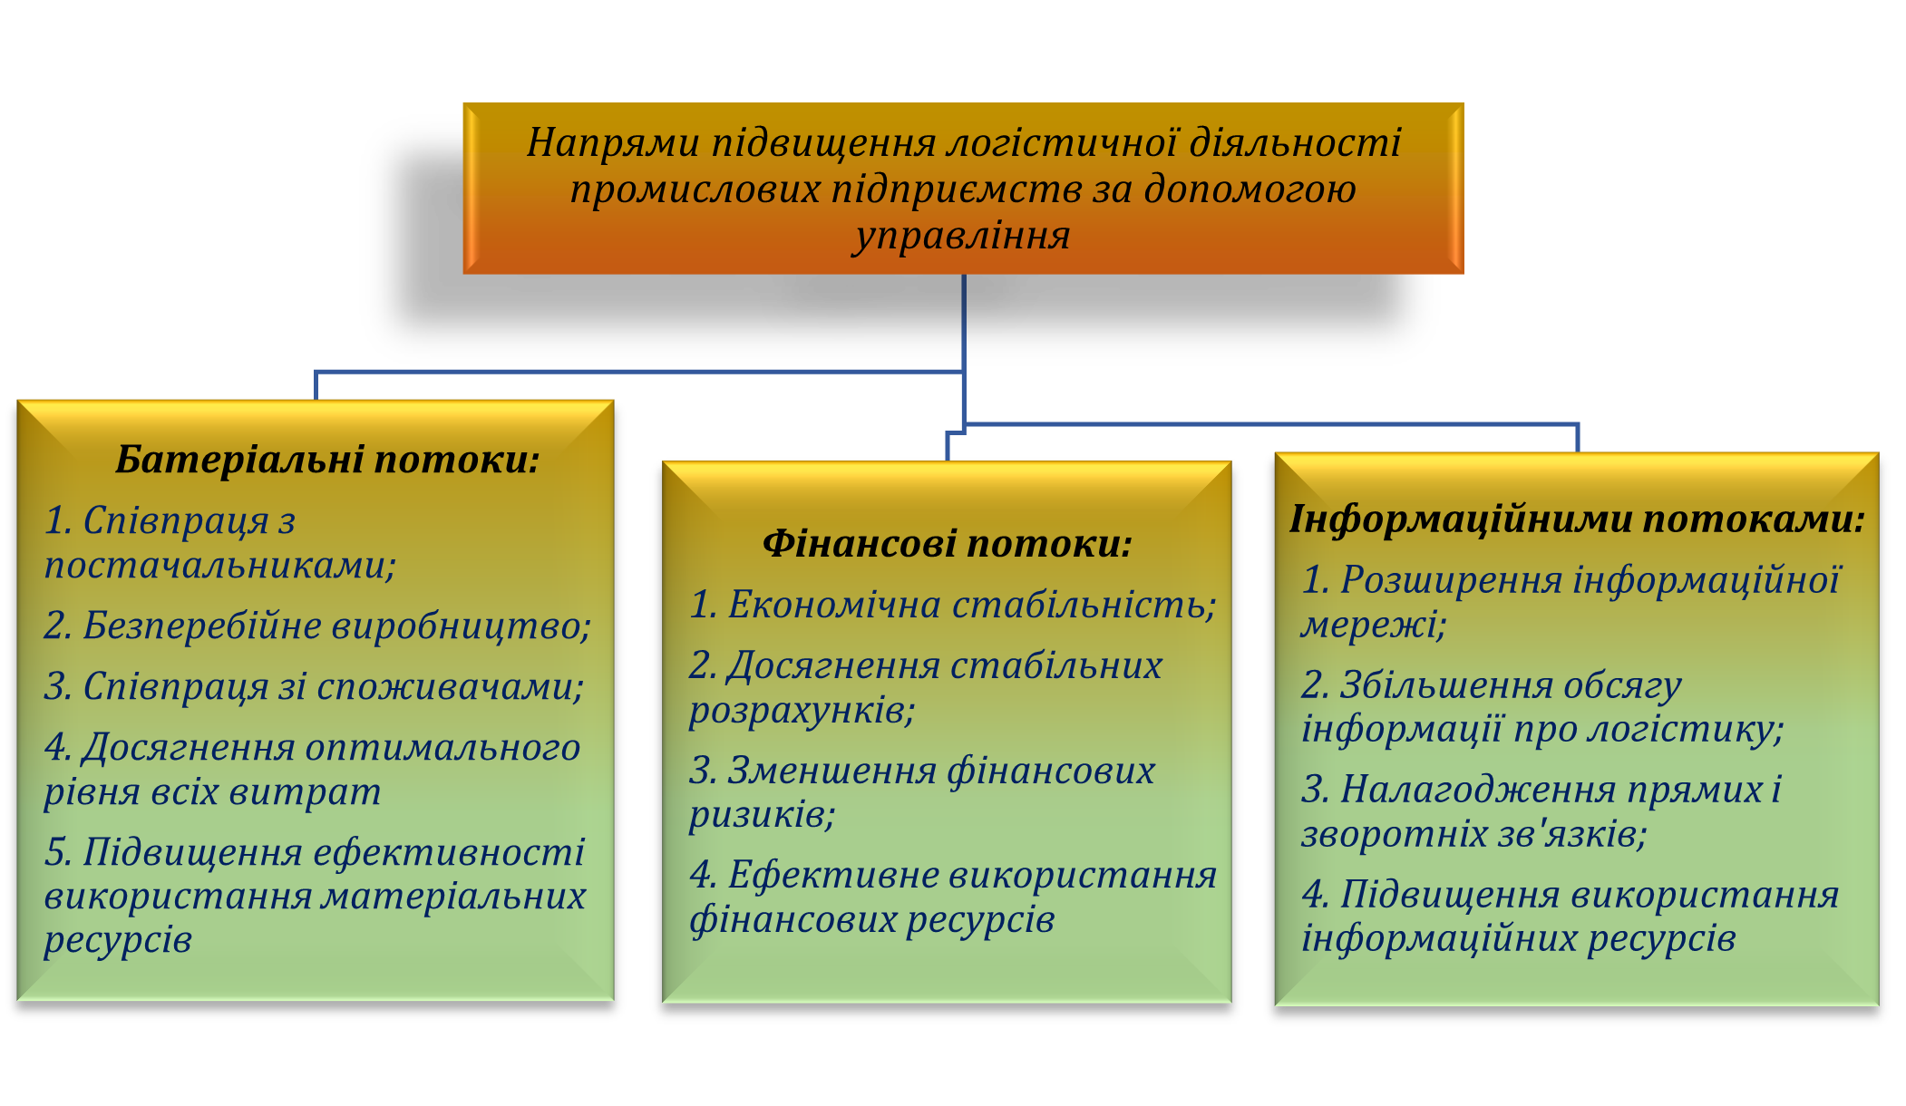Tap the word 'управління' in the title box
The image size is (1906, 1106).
click(x=962, y=236)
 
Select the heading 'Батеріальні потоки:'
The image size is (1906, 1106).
click(x=327, y=460)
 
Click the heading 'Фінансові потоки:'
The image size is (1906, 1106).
click(x=948, y=544)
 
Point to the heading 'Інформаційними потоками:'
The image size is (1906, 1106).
click(x=1577, y=519)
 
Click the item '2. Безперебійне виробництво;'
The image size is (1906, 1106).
click(x=317, y=626)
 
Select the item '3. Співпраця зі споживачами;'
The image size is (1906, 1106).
click(x=314, y=687)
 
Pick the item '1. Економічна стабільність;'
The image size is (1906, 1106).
click(x=952, y=605)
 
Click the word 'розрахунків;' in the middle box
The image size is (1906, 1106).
click(x=802, y=711)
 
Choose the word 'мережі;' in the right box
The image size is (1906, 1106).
click(x=1373, y=625)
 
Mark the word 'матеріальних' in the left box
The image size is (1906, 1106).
click(x=453, y=897)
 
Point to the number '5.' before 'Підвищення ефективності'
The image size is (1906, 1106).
click(x=58, y=853)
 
